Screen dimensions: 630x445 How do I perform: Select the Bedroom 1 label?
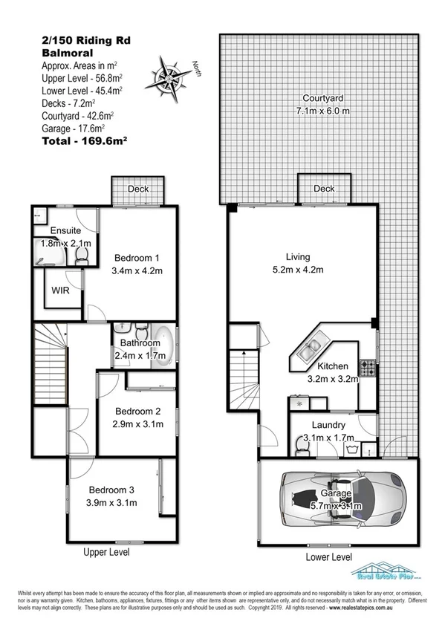click(135, 258)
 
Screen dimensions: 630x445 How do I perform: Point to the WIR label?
click(60, 290)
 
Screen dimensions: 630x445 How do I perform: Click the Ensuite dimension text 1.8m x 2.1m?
click(65, 243)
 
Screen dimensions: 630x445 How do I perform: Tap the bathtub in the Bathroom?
click(167, 346)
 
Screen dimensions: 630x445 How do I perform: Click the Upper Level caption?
click(106, 552)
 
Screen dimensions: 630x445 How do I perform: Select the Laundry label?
click(328, 425)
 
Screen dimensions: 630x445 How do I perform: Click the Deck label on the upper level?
click(138, 189)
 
